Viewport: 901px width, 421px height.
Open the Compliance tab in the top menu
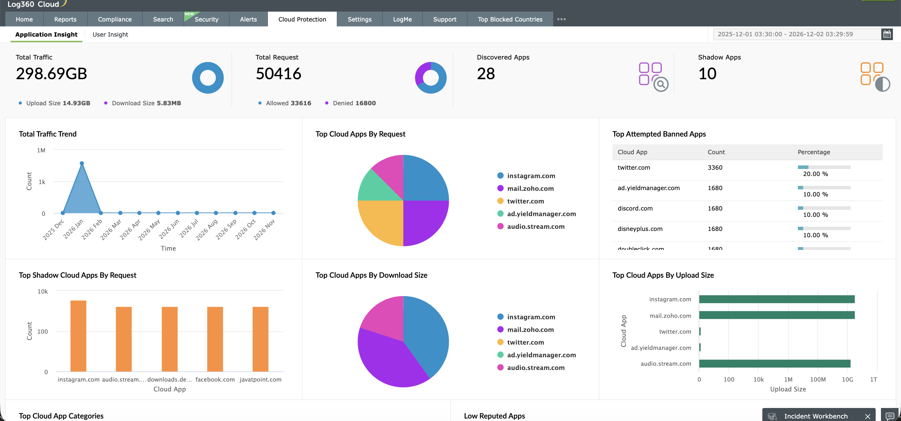pyautogui.click(x=115, y=19)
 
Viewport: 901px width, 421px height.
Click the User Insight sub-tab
pyautogui.click(x=110, y=34)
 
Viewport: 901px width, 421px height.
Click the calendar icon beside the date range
pyautogui.click(x=887, y=34)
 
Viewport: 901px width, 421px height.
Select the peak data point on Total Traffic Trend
pyautogui.click(x=82, y=163)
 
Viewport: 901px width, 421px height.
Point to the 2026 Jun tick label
pyautogui.click(x=170, y=229)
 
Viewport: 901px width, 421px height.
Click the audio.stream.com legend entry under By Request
pyautogui.click(x=536, y=227)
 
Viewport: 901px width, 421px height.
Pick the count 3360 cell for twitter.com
pyautogui.click(x=715, y=168)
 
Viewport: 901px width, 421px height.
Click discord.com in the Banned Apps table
pyautogui.click(x=635, y=208)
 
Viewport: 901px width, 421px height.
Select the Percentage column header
pyautogui.click(x=814, y=152)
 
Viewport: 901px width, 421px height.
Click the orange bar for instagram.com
pyautogui.click(x=78, y=336)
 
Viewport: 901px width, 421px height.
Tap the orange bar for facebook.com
pyautogui.click(x=215, y=339)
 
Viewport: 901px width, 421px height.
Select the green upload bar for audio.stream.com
pyautogui.click(x=774, y=364)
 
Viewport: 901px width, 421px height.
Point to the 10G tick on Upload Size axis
pyautogui.click(x=847, y=379)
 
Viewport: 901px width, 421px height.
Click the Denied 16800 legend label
pyautogui.click(x=354, y=103)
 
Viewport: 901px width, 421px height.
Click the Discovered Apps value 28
pyautogui.click(x=486, y=74)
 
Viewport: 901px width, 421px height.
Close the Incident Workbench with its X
pyautogui.click(x=868, y=416)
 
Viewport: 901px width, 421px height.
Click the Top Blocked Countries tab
pyautogui.click(x=510, y=19)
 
